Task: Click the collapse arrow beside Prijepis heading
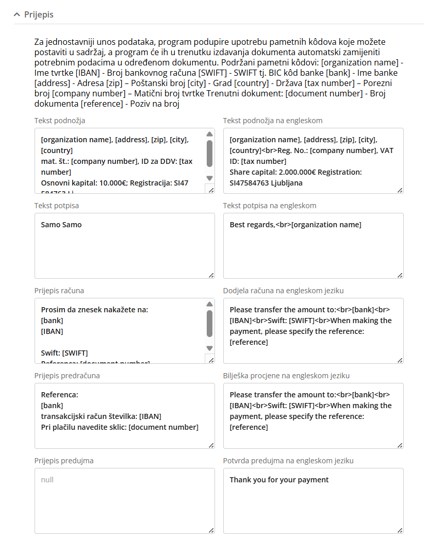17,14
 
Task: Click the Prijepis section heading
39,14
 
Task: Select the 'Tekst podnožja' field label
60,121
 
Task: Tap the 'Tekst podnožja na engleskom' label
273,121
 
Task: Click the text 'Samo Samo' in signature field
61,225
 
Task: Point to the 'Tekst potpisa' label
57,206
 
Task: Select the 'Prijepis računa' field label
59,291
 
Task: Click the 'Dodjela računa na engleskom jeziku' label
283,291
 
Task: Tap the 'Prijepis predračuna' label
67,376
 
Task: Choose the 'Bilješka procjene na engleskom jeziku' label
287,376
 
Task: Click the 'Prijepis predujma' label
64,461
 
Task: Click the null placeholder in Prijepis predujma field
47,480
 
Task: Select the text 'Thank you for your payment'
279,480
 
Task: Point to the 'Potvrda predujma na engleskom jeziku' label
288,461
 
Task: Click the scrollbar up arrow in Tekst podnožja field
209,133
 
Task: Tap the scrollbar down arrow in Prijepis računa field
209,348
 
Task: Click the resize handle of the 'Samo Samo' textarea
211,275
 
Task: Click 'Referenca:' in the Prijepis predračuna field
59,395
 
